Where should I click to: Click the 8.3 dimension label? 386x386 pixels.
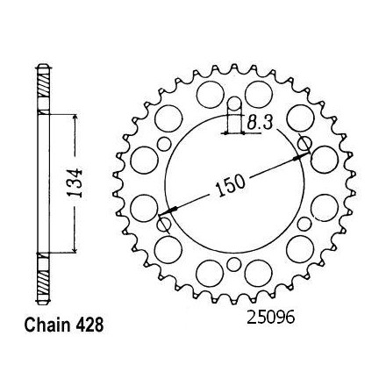click(x=260, y=123)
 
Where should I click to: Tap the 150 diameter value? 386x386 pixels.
click(x=230, y=186)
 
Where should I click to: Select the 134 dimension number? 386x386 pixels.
click(x=75, y=183)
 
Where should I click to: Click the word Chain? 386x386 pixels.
click(x=47, y=325)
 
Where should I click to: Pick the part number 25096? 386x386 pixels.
click(x=271, y=318)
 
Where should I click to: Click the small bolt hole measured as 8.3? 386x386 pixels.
click(x=234, y=104)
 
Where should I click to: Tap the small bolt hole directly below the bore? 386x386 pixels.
click(x=234, y=264)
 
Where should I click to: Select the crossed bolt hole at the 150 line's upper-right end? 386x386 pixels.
click(x=304, y=144)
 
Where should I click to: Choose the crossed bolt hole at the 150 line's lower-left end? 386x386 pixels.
click(x=164, y=225)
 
